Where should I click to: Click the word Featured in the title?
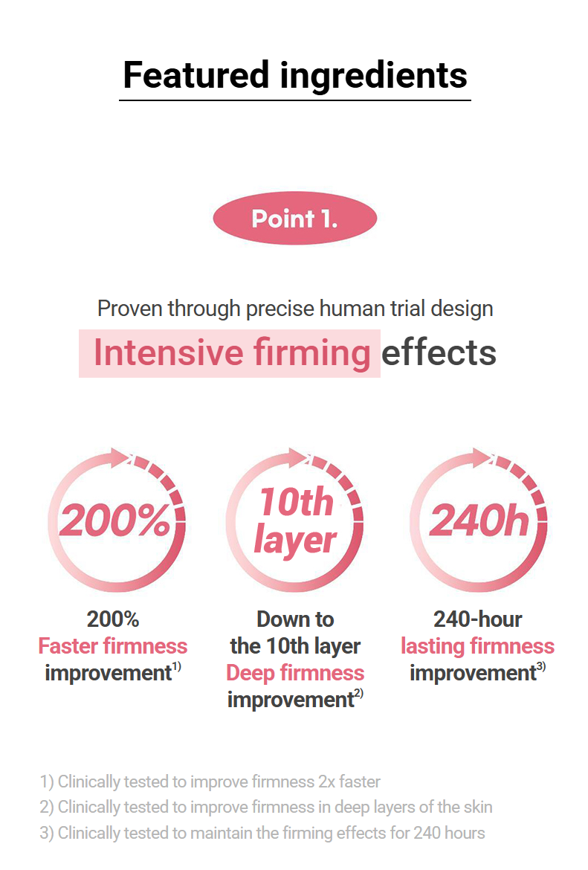click(x=196, y=75)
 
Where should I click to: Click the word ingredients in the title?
click(x=373, y=77)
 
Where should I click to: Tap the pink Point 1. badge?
click(x=294, y=218)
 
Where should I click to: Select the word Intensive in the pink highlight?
click(x=169, y=352)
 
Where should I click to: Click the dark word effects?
click(x=439, y=352)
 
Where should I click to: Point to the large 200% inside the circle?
click(x=114, y=521)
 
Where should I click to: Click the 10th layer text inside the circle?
click(x=295, y=520)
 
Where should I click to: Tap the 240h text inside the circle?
click(x=479, y=521)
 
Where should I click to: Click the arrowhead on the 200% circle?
click(x=119, y=458)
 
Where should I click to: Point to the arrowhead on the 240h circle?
click(x=482, y=458)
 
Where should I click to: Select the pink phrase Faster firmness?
click(x=112, y=646)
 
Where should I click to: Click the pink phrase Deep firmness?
click(x=295, y=673)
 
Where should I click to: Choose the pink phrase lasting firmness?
click(x=478, y=646)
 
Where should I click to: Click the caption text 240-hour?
click(x=478, y=619)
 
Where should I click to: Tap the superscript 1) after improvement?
click(x=176, y=666)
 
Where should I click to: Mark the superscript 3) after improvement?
click(x=541, y=666)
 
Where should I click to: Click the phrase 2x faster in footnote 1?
click(x=349, y=782)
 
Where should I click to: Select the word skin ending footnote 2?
click(x=478, y=807)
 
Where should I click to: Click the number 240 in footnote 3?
click(x=426, y=833)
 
